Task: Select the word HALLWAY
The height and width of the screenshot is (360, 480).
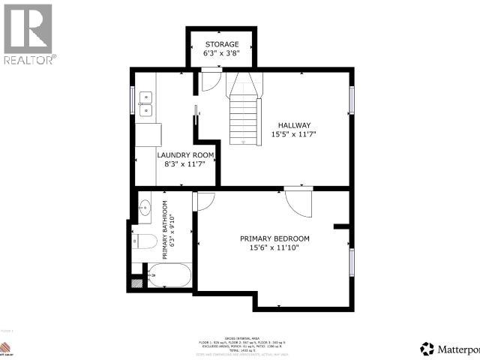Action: pyautogui.click(x=294, y=125)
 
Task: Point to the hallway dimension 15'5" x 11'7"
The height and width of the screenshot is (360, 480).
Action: pyautogui.click(x=294, y=135)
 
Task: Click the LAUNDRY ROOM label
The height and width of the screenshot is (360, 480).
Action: pyautogui.click(x=185, y=155)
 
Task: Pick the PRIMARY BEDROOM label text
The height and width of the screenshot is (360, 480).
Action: pyautogui.click(x=274, y=238)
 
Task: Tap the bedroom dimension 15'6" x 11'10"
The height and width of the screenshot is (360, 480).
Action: pyautogui.click(x=274, y=248)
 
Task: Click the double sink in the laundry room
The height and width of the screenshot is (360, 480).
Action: pyautogui.click(x=145, y=103)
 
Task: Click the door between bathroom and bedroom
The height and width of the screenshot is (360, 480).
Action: pyautogui.click(x=202, y=201)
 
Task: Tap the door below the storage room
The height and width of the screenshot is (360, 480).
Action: pyautogui.click(x=211, y=80)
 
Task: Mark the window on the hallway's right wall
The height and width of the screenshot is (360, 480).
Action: pyautogui.click(x=351, y=100)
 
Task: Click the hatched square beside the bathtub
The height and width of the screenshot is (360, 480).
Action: pyautogui.click(x=136, y=283)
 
